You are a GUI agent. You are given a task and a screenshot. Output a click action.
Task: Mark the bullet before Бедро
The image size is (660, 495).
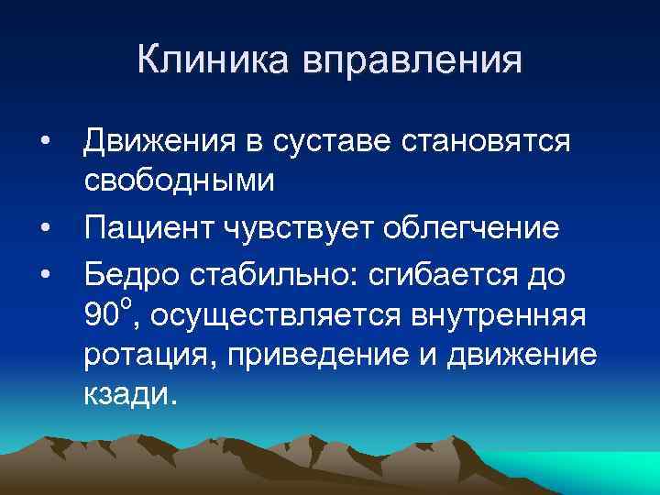click(44, 270)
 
